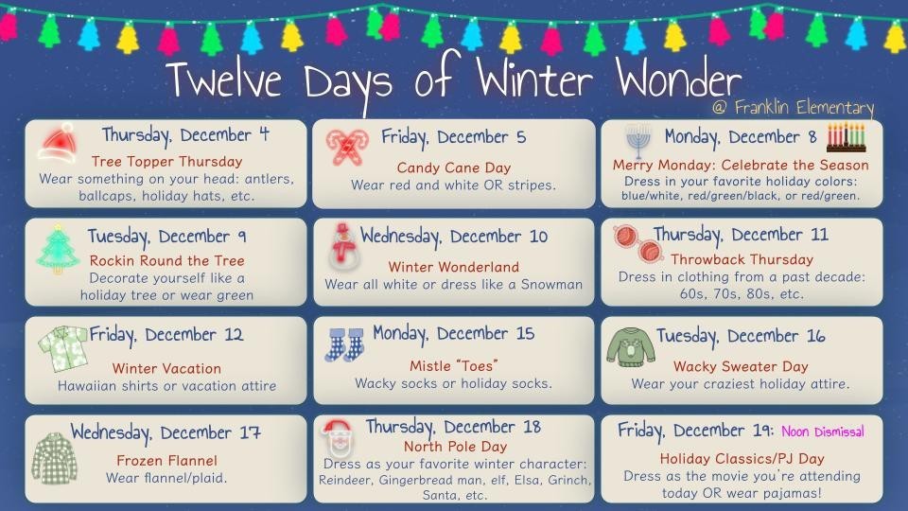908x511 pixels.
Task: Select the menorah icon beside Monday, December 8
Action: (637, 141)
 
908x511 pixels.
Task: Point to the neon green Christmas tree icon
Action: (58, 249)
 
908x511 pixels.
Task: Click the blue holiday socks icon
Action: (344, 343)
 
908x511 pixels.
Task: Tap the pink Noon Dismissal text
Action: (822, 432)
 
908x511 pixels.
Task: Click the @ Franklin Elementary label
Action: (793, 108)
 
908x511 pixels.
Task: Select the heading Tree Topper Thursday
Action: (166, 161)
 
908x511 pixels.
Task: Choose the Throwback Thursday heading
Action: (741, 258)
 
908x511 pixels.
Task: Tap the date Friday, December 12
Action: (166, 334)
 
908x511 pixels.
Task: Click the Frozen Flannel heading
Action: (166, 461)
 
